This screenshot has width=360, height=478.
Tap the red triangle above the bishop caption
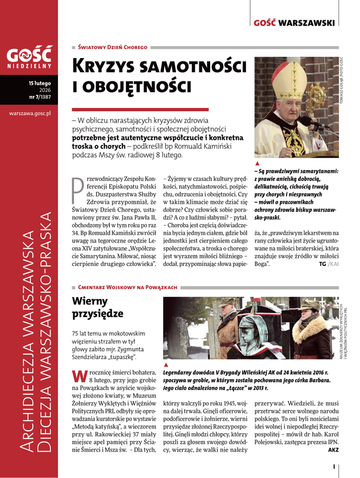pos(257,163)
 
